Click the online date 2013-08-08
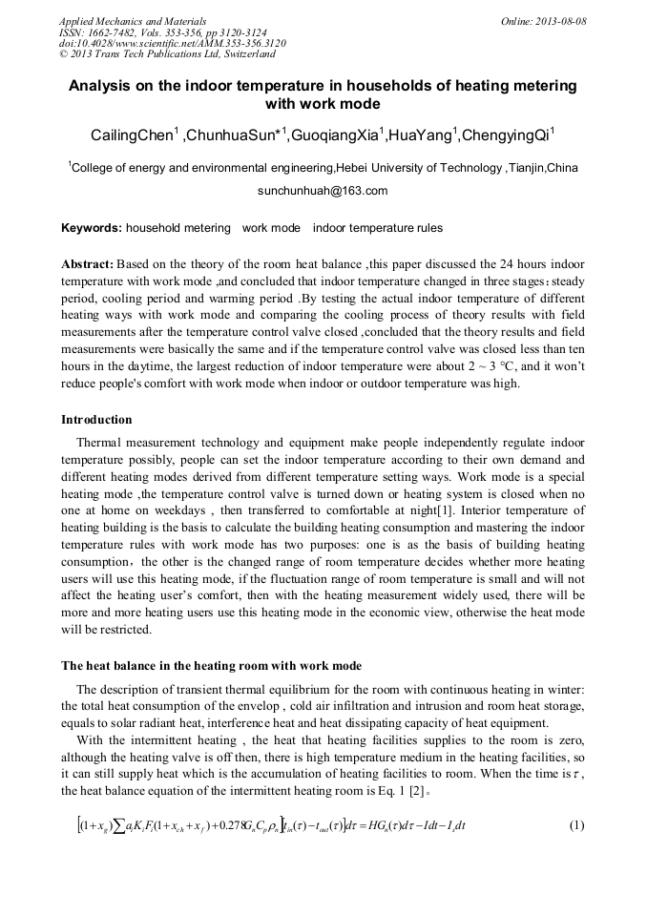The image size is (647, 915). click(x=554, y=21)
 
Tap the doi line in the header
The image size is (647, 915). click(x=172, y=44)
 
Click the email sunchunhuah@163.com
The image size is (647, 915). click(x=323, y=191)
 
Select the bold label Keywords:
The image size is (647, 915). click(x=91, y=229)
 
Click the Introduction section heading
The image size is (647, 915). click(x=96, y=420)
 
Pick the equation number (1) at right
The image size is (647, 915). click(x=575, y=824)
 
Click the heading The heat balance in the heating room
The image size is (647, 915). click(x=211, y=665)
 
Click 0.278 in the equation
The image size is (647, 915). click(x=261, y=824)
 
